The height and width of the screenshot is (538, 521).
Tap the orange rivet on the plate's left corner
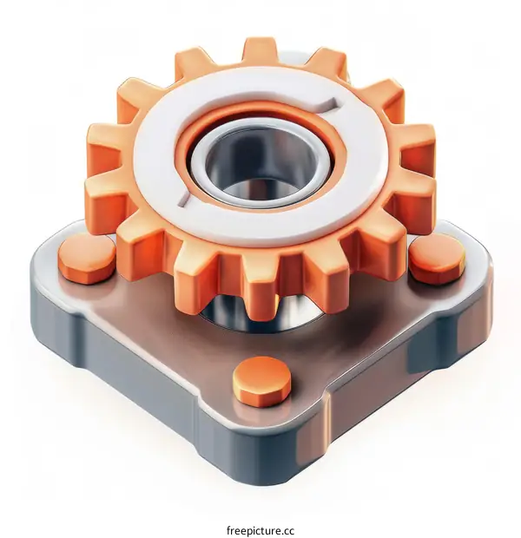pyautogui.click(x=86, y=258)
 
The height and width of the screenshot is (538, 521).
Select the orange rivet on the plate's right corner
pyautogui.click(x=437, y=259)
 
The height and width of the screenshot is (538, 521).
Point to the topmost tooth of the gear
pyautogui.click(x=260, y=49)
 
